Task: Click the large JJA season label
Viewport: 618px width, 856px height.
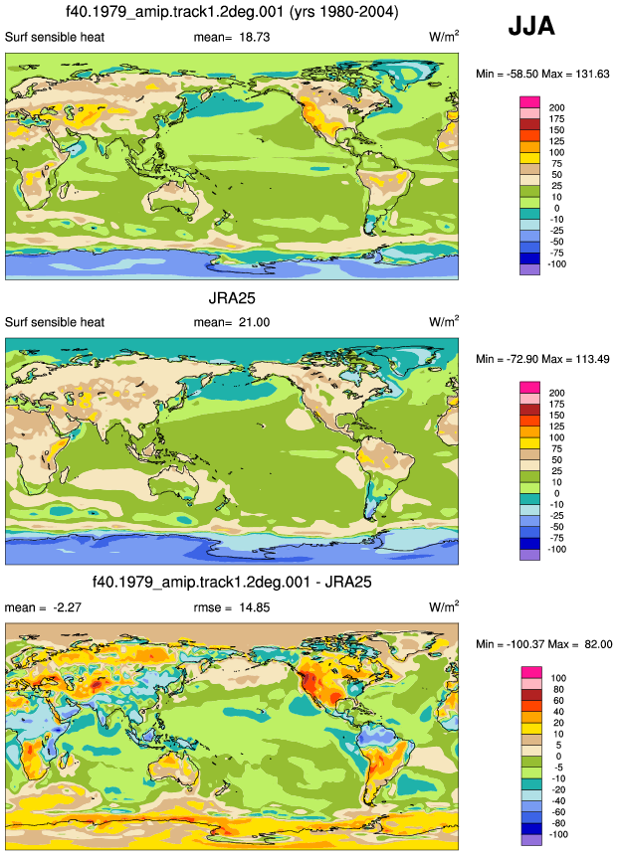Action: click(x=531, y=26)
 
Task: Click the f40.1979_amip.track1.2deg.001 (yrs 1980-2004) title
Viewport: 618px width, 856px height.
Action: click(x=232, y=12)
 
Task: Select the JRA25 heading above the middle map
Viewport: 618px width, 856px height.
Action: click(x=232, y=298)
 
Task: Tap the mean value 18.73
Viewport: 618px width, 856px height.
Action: click(x=254, y=37)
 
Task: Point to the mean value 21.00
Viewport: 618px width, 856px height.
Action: click(x=254, y=322)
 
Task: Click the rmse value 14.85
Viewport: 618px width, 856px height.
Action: click(x=254, y=607)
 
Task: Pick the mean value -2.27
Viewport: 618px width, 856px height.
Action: click(x=67, y=607)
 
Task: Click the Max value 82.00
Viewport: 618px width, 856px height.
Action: click(x=598, y=644)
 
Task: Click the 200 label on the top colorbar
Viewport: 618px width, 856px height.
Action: click(x=557, y=108)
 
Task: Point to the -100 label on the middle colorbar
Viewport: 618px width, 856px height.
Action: click(x=557, y=549)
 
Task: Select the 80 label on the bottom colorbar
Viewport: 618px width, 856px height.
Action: click(x=558, y=690)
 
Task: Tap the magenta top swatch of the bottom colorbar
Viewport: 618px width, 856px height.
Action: click(x=531, y=672)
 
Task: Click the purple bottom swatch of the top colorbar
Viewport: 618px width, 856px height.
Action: click(x=529, y=269)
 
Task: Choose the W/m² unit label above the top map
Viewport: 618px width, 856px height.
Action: click(x=444, y=36)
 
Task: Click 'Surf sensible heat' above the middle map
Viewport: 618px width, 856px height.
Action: click(x=55, y=322)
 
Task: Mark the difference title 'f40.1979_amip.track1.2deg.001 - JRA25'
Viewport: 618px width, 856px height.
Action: click(x=232, y=582)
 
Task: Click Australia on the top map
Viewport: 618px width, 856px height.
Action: click(x=177, y=199)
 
